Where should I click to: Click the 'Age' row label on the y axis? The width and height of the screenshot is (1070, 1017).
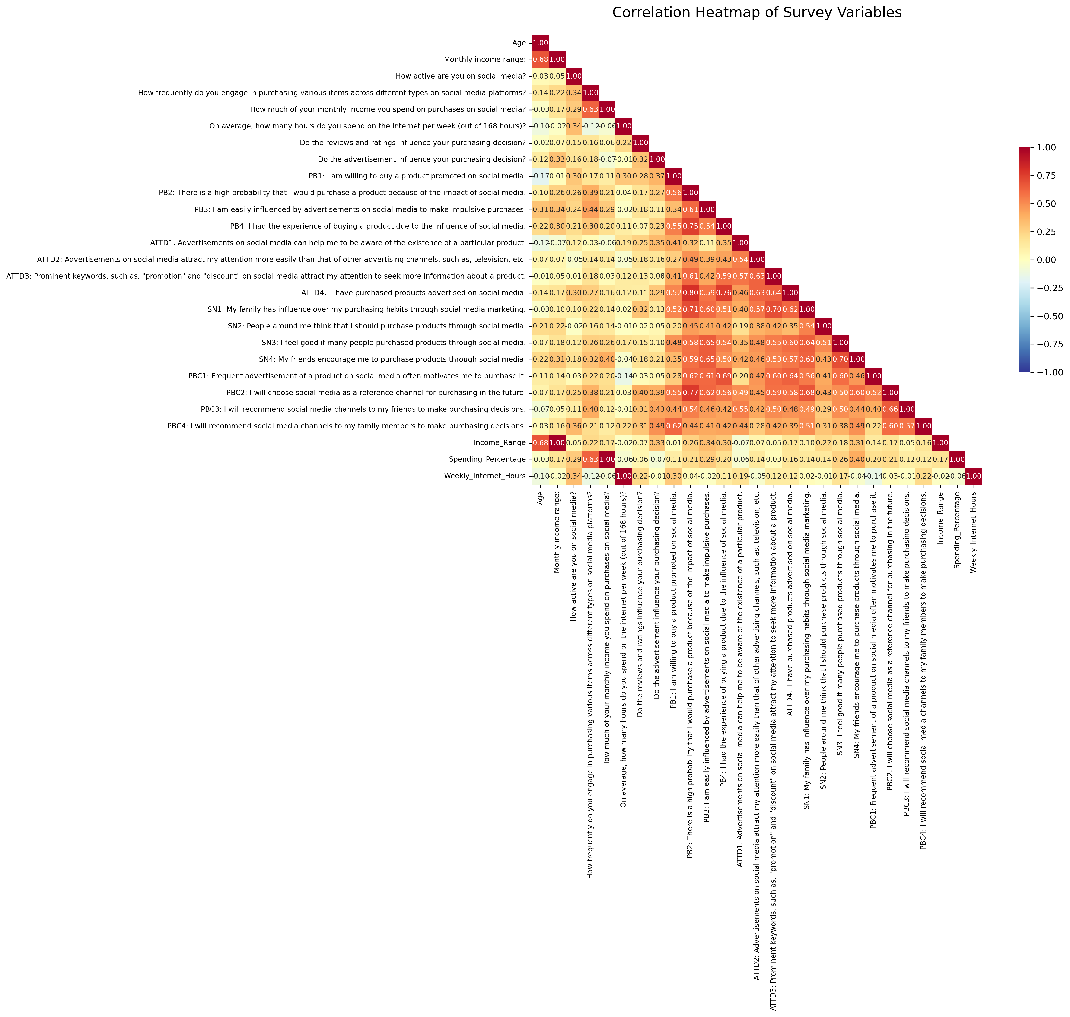(x=519, y=43)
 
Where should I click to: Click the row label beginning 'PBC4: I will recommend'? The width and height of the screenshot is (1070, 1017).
(x=347, y=426)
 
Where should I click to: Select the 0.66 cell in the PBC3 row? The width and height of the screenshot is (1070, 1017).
(x=891, y=409)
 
